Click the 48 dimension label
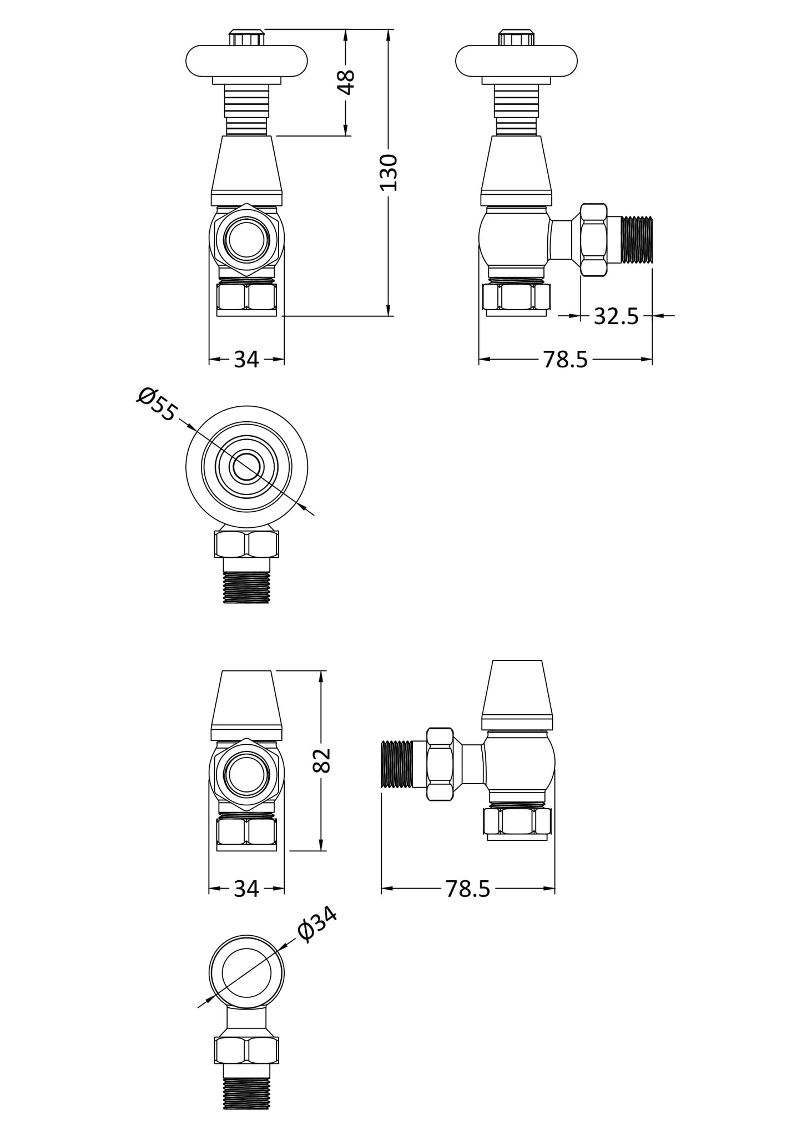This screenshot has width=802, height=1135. coord(346,83)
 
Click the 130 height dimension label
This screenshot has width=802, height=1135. coord(389,173)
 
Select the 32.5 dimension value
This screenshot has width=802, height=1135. coord(616,316)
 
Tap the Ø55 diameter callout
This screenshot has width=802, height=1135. coord(157,404)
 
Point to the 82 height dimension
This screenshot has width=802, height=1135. coord(322,760)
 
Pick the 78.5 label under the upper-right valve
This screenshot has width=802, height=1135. coord(564,360)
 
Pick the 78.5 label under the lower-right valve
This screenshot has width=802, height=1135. coord(468,889)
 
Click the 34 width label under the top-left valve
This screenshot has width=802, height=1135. coord(246,360)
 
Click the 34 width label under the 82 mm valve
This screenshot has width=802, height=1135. coord(246,889)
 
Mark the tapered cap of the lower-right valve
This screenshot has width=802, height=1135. coord(517,694)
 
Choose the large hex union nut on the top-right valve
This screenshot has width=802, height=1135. coord(593,240)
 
